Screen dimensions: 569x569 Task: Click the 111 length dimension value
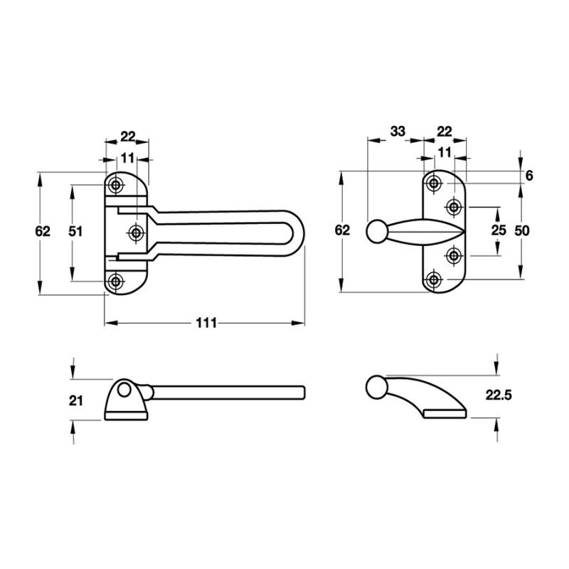click(205, 323)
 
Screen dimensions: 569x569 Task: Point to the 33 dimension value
click(398, 131)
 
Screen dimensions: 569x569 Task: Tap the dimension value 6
click(529, 175)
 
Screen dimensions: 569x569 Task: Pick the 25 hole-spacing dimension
click(498, 230)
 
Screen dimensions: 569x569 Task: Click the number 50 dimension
click(523, 230)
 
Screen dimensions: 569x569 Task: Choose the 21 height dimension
click(77, 400)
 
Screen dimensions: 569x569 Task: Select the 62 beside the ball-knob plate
click(343, 230)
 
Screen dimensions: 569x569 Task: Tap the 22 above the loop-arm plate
click(128, 135)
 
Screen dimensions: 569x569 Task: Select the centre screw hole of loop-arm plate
click(136, 232)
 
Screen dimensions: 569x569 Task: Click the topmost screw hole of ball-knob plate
click(433, 184)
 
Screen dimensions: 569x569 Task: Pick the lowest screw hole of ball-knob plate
click(433, 280)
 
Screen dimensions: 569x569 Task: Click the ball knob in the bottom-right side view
click(376, 387)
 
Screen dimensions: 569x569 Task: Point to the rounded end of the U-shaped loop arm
click(300, 232)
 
